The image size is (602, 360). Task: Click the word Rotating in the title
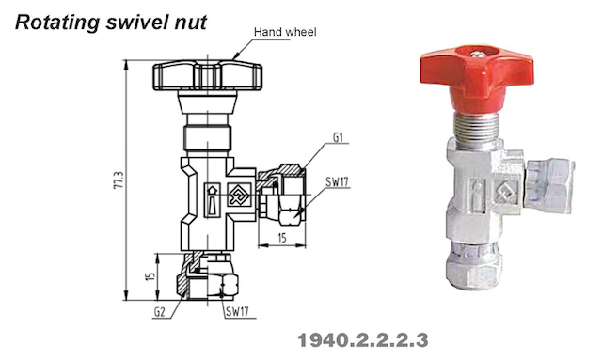coord(57,23)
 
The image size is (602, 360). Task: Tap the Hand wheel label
coord(285,32)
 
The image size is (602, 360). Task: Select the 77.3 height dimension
coord(119,180)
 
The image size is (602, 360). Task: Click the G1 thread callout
coord(338,137)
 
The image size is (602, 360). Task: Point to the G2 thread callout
coord(159,312)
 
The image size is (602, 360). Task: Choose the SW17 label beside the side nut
coord(337,181)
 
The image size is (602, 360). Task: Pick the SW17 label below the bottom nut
coord(237,312)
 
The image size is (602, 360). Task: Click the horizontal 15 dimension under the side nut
coord(282,238)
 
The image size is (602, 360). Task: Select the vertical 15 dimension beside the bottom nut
coord(150,276)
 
